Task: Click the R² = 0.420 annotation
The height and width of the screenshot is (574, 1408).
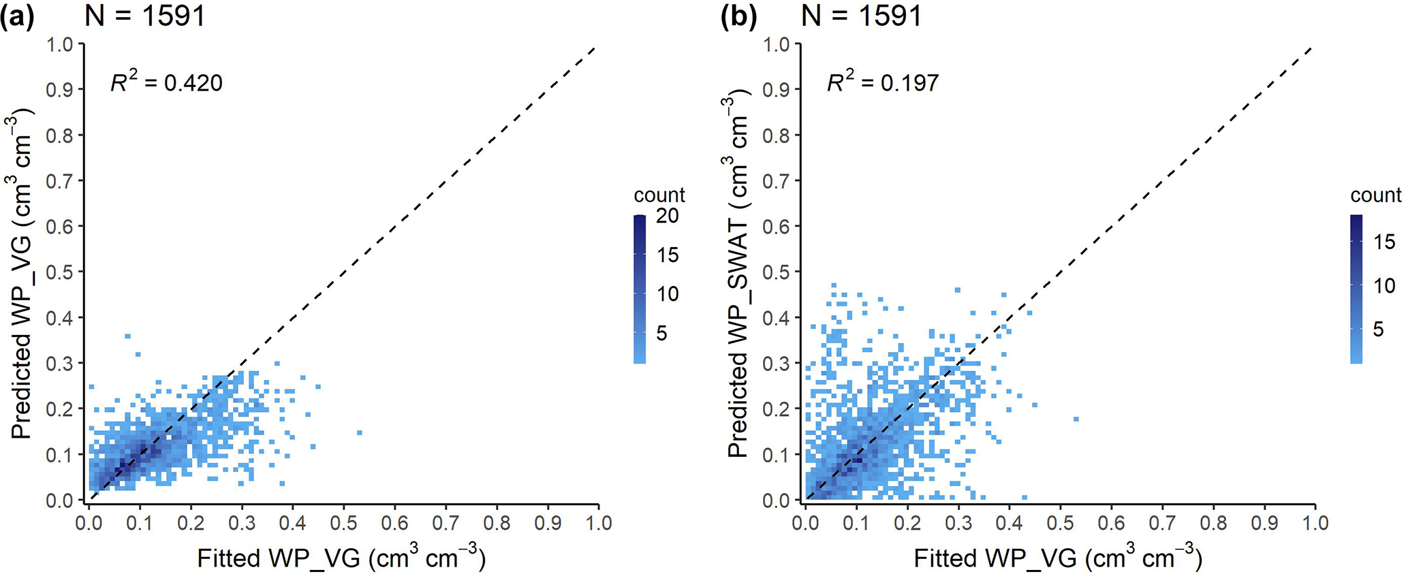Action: (x=166, y=82)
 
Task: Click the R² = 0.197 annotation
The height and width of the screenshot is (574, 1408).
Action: (x=883, y=82)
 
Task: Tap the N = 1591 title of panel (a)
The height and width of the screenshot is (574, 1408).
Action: (x=145, y=15)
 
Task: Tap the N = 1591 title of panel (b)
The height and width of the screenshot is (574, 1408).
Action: (x=862, y=15)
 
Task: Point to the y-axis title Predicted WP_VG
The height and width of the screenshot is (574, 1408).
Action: (x=22, y=272)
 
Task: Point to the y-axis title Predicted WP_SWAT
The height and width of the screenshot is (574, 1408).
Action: (x=738, y=276)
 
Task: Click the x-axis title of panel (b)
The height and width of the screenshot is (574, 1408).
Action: (x=1058, y=558)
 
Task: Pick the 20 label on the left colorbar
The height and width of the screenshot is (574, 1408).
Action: (x=668, y=216)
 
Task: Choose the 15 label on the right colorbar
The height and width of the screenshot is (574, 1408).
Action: (x=1384, y=242)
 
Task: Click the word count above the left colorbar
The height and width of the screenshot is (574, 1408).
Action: (x=659, y=195)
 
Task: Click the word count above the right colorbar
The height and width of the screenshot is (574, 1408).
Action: (x=1375, y=195)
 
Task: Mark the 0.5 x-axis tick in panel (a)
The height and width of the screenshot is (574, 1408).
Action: (x=343, y=523)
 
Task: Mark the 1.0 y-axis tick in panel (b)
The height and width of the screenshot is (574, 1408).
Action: (x=777, y=45)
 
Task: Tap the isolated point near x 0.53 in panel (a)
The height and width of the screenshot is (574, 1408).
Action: (x=359, y=432)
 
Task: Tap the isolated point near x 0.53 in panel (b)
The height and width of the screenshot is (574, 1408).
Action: (x=1076, y=419)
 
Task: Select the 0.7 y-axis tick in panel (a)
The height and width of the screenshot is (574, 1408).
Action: (x=60, y=181)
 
